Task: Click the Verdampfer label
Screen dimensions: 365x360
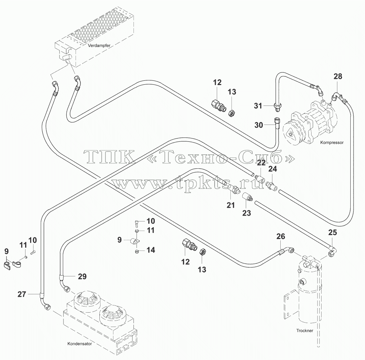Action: click(99, 46)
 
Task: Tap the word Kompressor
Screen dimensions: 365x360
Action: click(332, 142)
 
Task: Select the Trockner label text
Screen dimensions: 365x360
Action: click(305, 331)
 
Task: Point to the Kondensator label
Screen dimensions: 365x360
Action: click(80, 344)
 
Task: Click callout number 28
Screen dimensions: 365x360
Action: click(338, 76)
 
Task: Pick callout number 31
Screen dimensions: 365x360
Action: click(258, 106)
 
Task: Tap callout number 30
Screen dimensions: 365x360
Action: click(258, 125)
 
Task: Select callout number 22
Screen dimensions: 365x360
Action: click(261, 163)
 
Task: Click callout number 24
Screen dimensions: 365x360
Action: click(273, 169)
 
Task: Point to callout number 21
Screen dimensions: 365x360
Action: click(230, 205)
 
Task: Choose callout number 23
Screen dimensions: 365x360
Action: click(247, 213)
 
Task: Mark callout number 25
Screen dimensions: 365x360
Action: click(332, 232)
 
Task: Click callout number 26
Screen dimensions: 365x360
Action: click(281, 237)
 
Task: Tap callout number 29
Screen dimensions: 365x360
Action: click(82, 276)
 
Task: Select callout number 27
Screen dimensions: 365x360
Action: click(22, 294)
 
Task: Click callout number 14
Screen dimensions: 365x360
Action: click(151, 250)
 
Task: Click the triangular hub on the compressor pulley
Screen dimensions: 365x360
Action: click(290, 134)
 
